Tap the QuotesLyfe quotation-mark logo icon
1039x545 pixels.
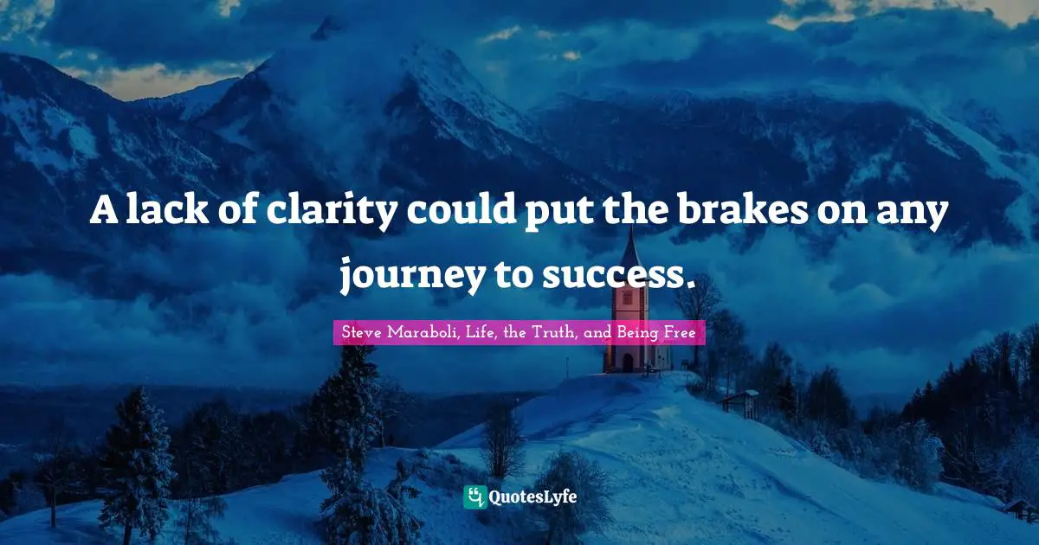pyautogui.click(x=474, y=497)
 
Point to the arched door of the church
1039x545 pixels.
pyautogui.click(x=628, y=362)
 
